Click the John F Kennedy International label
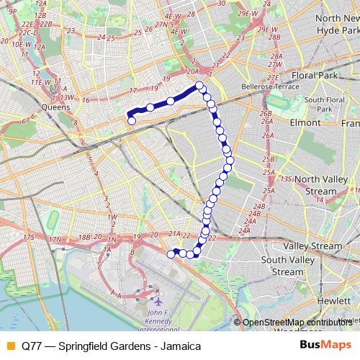point(157,321)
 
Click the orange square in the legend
point(10,346)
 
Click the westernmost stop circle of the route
point(132,122)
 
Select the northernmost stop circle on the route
point(199,86)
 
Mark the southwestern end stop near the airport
point(171,253)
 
